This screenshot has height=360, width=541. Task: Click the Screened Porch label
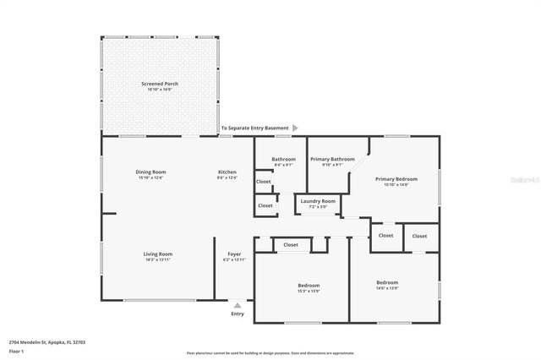pyautogui.click(x=159, y=85)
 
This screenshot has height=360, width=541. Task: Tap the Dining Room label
pyautogui.click(x=150, y=172)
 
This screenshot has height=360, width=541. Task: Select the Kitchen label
pyautogui.click(x=227, y=172)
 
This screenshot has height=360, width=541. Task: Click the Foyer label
pyautogui.click(x=234, y=254)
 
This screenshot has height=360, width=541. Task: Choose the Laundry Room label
pyautogui.click(x=318, y=201)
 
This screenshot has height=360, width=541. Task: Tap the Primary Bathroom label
pyautogui.click(x=332, y=159)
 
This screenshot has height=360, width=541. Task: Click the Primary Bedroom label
pyautogui.click(x=396, y=179)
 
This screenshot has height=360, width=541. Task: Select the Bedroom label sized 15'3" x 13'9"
pyautogui.click(x=308, y=286)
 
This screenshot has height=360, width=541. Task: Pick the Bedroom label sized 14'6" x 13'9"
pyautogui.click(x=387, y=282)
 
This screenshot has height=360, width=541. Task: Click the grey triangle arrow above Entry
pyautogui.click(x=238, y=304)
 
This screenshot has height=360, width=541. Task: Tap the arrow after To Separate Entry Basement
pyautogui.click(x=295, y=128)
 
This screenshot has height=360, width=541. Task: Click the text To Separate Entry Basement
pyautogui.click(x=254, y=128)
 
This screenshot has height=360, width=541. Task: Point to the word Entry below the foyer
pyautogui.click(x=238, y=314)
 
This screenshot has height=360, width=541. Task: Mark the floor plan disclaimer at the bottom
pyautogui.click(x=270, y=352)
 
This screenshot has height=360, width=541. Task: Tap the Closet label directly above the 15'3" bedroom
pyautogui.click(x=291, y=244)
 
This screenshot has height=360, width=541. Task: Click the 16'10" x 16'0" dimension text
pyautogui.click(x=159, y=90)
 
